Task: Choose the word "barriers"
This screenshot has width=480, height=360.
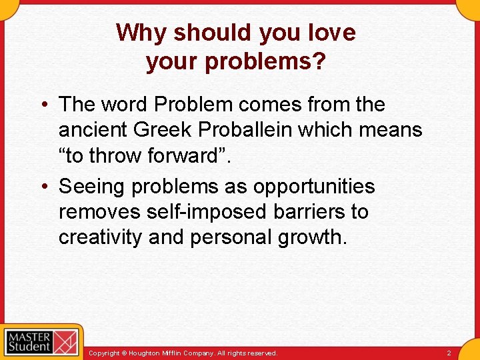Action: (305, 213)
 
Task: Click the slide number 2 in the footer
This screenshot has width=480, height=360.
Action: (449, 353)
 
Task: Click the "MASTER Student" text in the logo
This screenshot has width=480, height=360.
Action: (29, 341)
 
